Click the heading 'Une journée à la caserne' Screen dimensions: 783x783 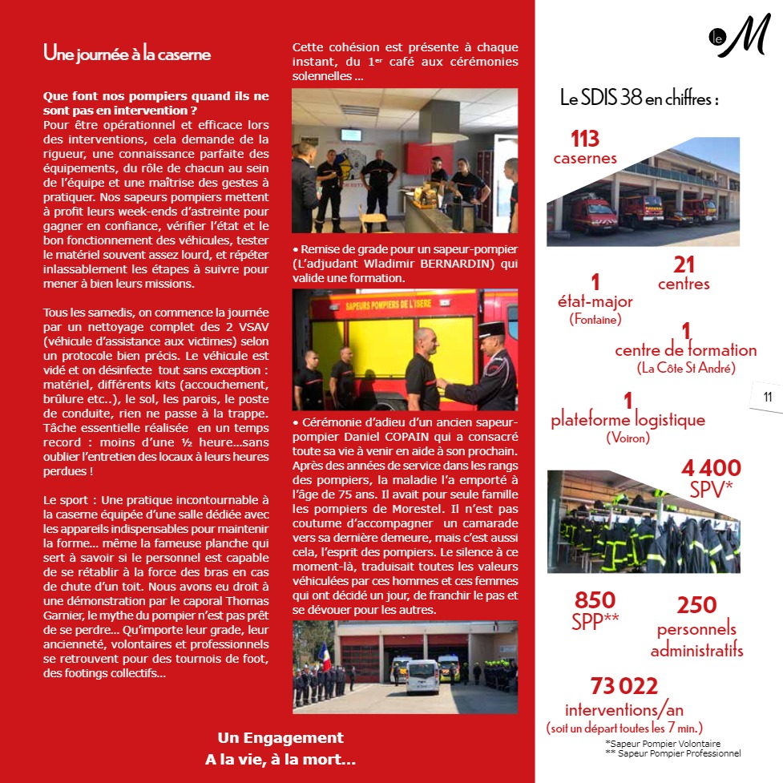pyautogui.click(x=127, y=54)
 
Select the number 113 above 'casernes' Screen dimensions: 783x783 pyautogui.click(x=585, y=139)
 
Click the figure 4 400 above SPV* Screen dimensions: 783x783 pyautogui.click(x=711, y=468)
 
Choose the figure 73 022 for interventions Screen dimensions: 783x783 pyautogui.click(x=624, y=686)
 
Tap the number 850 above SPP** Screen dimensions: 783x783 pyautogui.click(x=595, y=600)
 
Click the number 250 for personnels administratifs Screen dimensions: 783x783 pyautogui.click(x=696, y=605)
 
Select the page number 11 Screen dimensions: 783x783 pyautogui.click(x=767, y=397)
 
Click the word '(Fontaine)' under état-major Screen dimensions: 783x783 pyautogui.click(x=595, y=319)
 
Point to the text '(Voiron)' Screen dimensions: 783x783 pyautogui.click(x=628, y=438)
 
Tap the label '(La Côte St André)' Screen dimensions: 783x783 pyautogui.click(x=686, y=368)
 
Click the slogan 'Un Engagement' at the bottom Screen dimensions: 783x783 pyautogui.click(x=281, y=738)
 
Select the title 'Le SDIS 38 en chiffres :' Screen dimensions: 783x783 pyautogui.click(x=639, y=99)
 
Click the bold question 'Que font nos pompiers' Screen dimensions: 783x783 pyautogui.click(x=156, y=102)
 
